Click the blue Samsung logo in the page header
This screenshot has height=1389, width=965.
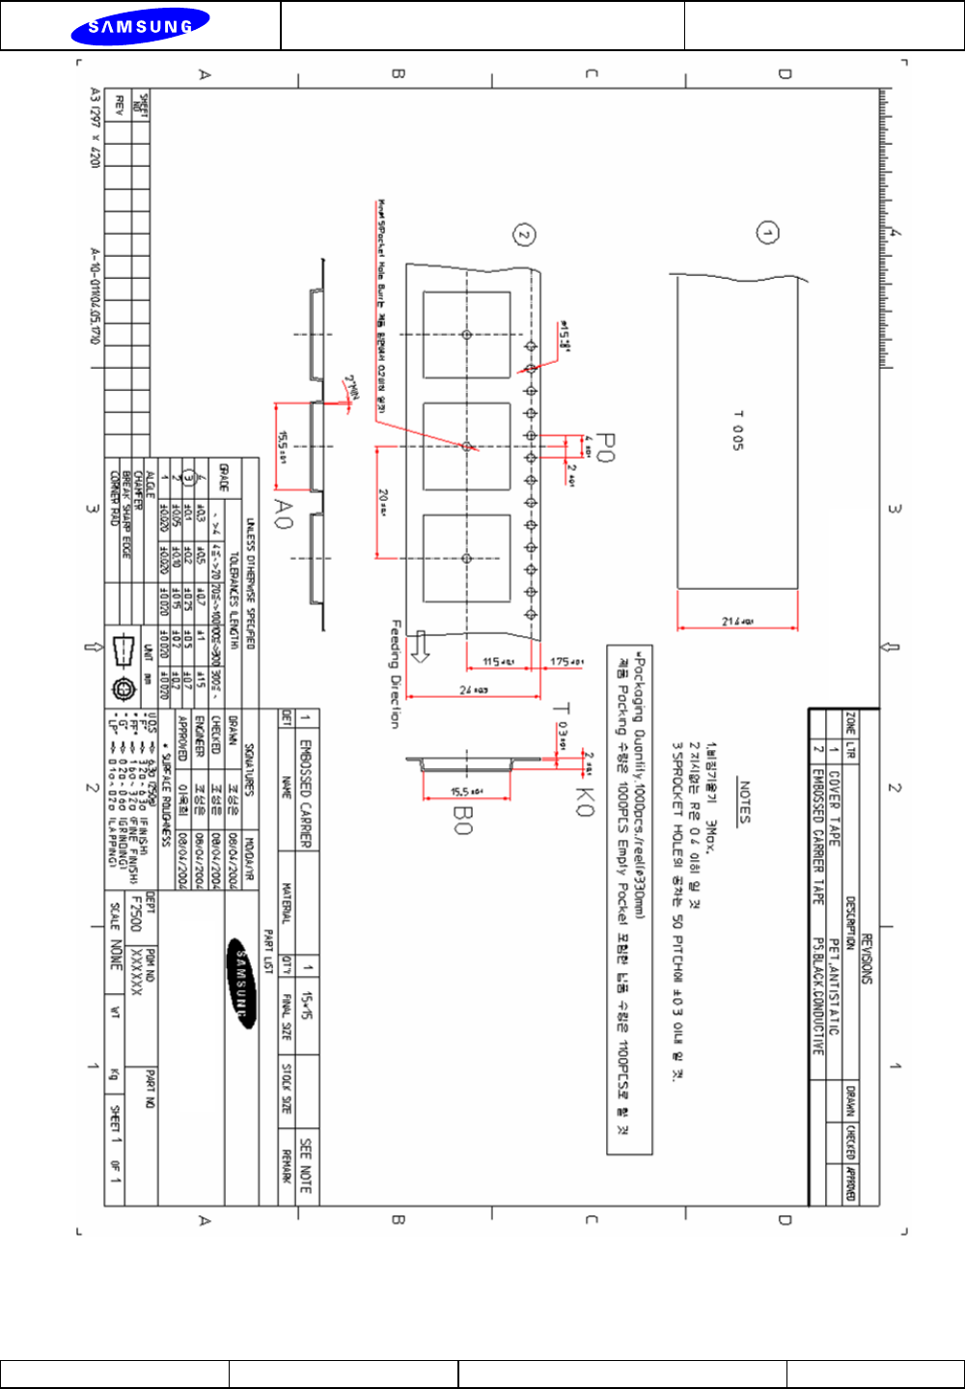(x=139, y=26)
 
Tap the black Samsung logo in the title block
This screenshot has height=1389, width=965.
(x=242, y=983)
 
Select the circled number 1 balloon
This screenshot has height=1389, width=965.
(x=767, y=233)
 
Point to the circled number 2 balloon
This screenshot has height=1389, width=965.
(x=523, y=235)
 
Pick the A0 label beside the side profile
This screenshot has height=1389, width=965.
(x=282, y=513)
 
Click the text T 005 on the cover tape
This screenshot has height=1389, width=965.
(x=738, y=430)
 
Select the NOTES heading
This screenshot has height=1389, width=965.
(x=744, y=801)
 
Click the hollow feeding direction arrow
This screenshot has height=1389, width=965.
(x=420, y=646)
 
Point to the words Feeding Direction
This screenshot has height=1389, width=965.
(x=395, y=673)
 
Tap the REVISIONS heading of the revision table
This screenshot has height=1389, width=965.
(x=866, y=958)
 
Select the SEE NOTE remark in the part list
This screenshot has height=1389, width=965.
(x=306, y=1166)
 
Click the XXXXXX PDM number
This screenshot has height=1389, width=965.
(x=136, y=971)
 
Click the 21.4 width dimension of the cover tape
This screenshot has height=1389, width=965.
(x=737, y=622)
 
